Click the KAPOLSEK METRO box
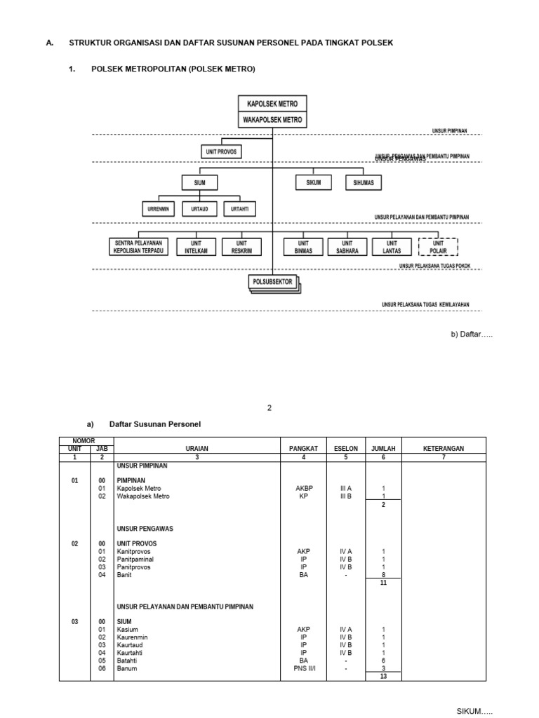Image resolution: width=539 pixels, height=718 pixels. click(x=272, y=104)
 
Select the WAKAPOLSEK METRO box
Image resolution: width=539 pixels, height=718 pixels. click(x=272, y=120)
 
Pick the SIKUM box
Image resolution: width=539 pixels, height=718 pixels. click(x=313, y=183)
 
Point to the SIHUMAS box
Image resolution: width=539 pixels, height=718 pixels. click(x=364, y=183)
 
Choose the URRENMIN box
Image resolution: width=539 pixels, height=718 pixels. click(x=159, y=209)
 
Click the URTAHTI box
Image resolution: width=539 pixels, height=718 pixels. click(x=239, y=209)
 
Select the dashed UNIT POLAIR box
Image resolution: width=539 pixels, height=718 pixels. click(x=438, y=247)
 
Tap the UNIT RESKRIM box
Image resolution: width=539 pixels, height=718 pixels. click(x=241, y=247)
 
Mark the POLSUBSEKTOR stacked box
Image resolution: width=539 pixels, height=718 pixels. click(x=274, y=283)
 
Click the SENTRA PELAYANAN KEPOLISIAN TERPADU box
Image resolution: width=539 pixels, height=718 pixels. click(x=138, y=247)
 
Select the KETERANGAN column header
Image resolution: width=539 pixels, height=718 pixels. click(x=444, y=448)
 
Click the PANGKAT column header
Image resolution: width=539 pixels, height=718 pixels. click(x=303, y=448)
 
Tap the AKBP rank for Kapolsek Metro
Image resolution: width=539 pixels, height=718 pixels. click(x=303, y=488)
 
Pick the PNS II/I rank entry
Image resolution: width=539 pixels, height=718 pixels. click(x=303, y=668)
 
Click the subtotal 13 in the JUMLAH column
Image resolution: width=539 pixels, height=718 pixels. click(x=383, y=677)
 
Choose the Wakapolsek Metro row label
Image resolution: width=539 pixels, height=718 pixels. click(x=143, y=496)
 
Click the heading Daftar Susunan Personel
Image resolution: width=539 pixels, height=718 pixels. click(x=154, y=425)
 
